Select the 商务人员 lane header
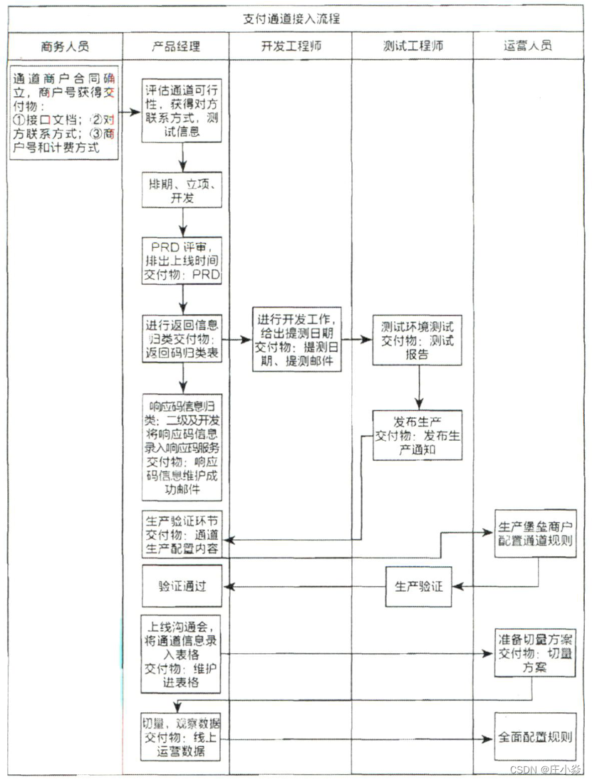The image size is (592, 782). [65, 47]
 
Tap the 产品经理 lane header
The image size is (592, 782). [176, 47]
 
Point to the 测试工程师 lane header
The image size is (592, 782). [412, 47]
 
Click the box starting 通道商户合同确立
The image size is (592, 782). [63, 113]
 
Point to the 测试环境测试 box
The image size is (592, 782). [417, 339]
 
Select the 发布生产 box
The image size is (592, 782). [417, 434]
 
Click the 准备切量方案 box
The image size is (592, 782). [535, 652]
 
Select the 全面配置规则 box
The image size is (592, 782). [535, 737]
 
